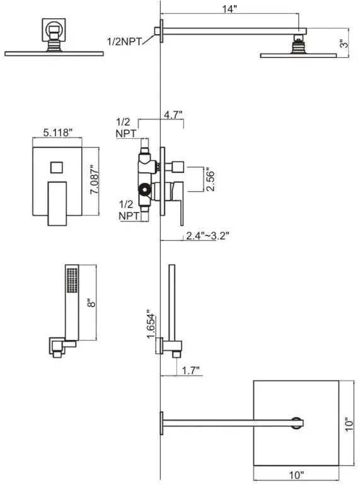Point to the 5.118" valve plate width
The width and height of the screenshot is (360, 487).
click(58, 132)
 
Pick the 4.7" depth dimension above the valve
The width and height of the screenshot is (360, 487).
click(172, 115)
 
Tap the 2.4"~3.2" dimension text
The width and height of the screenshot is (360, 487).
click(207, 236)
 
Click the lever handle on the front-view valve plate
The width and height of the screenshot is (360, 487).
click(58, 202)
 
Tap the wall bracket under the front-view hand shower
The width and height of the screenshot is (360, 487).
click(60, 348)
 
